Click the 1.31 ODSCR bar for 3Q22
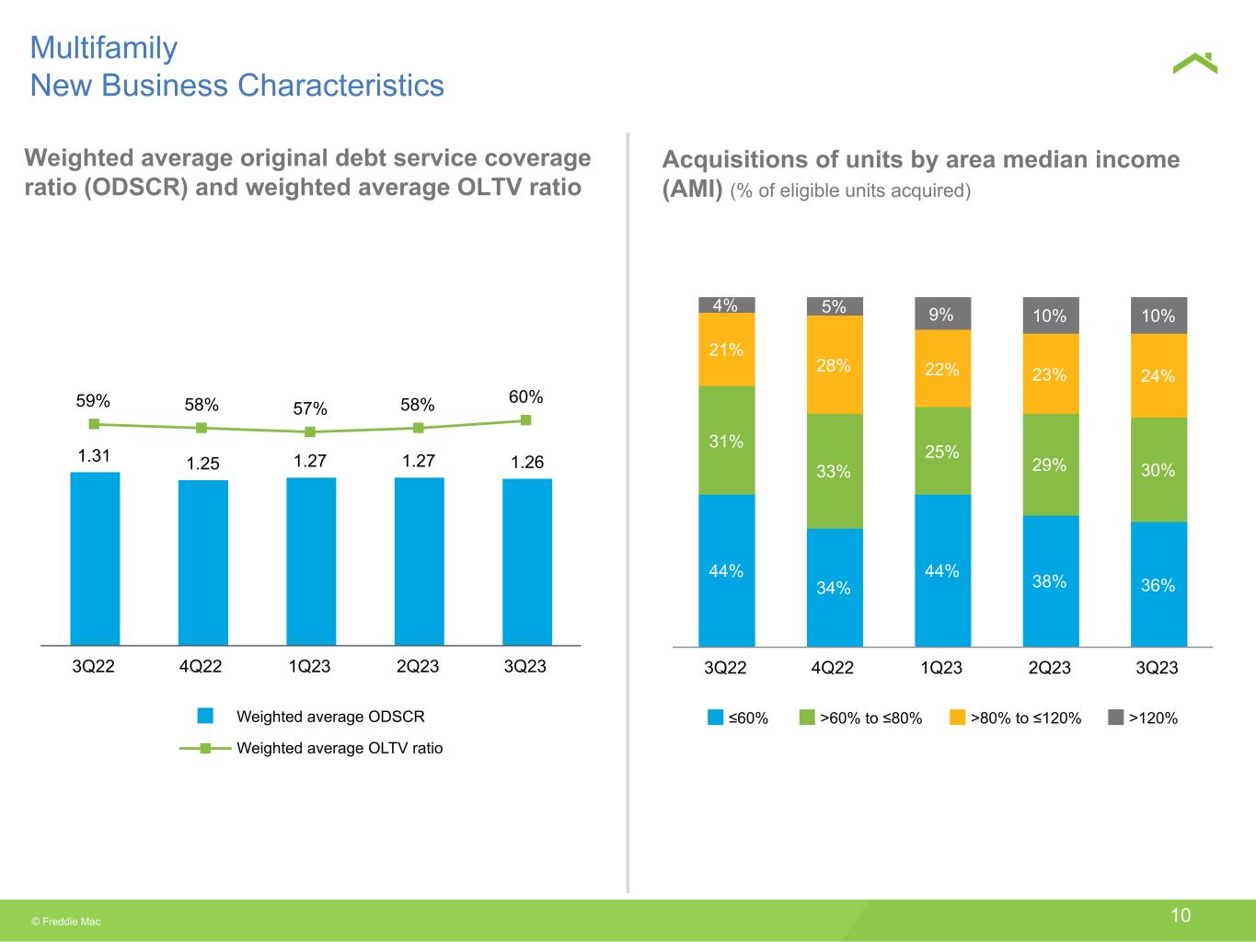tap(95, 558)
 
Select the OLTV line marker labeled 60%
tap(526, 419)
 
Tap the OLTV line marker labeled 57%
tap(310, 431)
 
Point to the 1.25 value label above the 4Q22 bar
tap(202, 464)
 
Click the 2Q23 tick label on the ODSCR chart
tap(418, 666)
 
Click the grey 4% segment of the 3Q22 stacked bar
tap(726, 304)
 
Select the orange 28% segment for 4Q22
tap(835, 365)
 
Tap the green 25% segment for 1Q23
tap(942, 451)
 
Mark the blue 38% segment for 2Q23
tap(1050, 580)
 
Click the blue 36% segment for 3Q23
tap(1158, 584)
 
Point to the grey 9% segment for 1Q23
tap(942, 314)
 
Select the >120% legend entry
tap(1143, 718)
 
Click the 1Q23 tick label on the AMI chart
tap(941, 668)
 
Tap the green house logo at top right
tap(1194, 63)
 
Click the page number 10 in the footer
tap(1181, 914)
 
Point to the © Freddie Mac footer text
tap(66, 921)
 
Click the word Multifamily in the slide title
tap(104, 48)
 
